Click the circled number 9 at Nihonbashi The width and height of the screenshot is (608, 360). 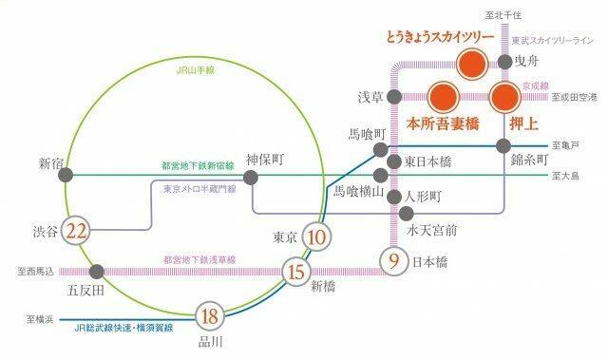pyautogui.click(x=392, y=258)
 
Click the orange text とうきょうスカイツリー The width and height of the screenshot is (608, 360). pyautogui.click(x=439, y=38)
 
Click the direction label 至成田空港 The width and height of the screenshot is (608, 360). pyautogui.click(x=578, y=97)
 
